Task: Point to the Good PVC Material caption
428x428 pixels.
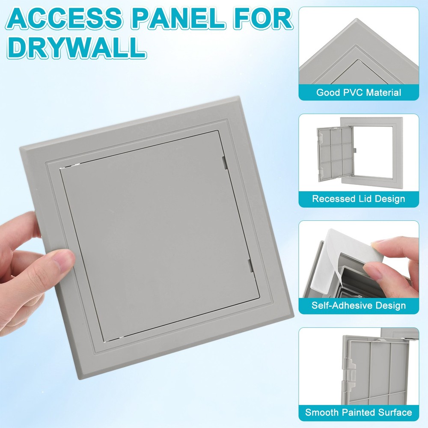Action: click(x=359, y=92)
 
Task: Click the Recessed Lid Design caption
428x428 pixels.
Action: click(x=359, y=199)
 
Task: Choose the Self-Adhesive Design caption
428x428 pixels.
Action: click(x=359, y=306)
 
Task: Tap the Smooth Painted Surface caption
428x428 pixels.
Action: click(x=359, y=412)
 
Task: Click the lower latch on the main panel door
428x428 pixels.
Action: click(x=250, y=265)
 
